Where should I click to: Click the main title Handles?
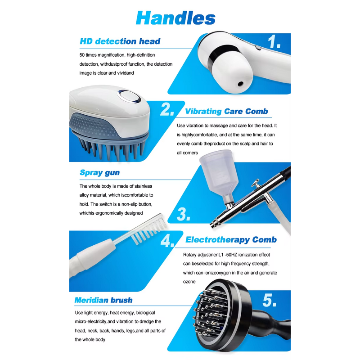tap(175, 18)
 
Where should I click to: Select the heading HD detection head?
tap(120, 41)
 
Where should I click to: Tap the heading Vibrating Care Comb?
tap(226, 111)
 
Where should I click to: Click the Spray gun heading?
tap(99, 173)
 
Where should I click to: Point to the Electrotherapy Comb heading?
tap(231, 240)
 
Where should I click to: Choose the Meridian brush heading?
tap(103, 300)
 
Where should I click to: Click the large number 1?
tap(274, 42)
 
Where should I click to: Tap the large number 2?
tap(167, 109)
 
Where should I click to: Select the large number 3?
tap(184, 214)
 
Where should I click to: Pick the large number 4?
tap(167, 241)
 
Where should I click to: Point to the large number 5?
tap(270, 300)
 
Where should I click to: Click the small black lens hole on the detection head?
tap(240, 84)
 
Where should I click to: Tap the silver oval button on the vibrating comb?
tap(129, 97)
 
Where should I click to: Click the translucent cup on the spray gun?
tap(216, 171)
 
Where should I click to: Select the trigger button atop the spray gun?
tap(255, 183)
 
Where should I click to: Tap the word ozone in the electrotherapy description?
tap(189, 282)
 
